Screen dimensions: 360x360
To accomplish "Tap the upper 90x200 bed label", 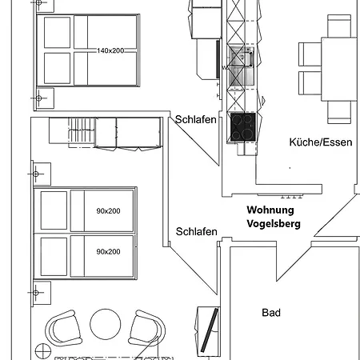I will click(x=108, y=211).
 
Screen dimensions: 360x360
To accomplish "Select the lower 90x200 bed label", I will click(x=108, y=251).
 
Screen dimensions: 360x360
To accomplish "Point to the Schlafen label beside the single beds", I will click(x=196, y=232).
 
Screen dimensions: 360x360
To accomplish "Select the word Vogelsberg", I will click(x=274, y=224).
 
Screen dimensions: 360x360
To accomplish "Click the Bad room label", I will click(x=271, y=313).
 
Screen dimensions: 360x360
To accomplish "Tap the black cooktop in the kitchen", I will click(x=242, y=126).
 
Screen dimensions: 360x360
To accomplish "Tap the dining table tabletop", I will click(x=339, y=68).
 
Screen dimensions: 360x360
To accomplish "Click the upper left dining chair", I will click(x=310, y=54).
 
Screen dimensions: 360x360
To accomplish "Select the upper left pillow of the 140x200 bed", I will click(x=56, y=34).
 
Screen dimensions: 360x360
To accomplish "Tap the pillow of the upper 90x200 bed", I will click(x=54, y=211).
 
